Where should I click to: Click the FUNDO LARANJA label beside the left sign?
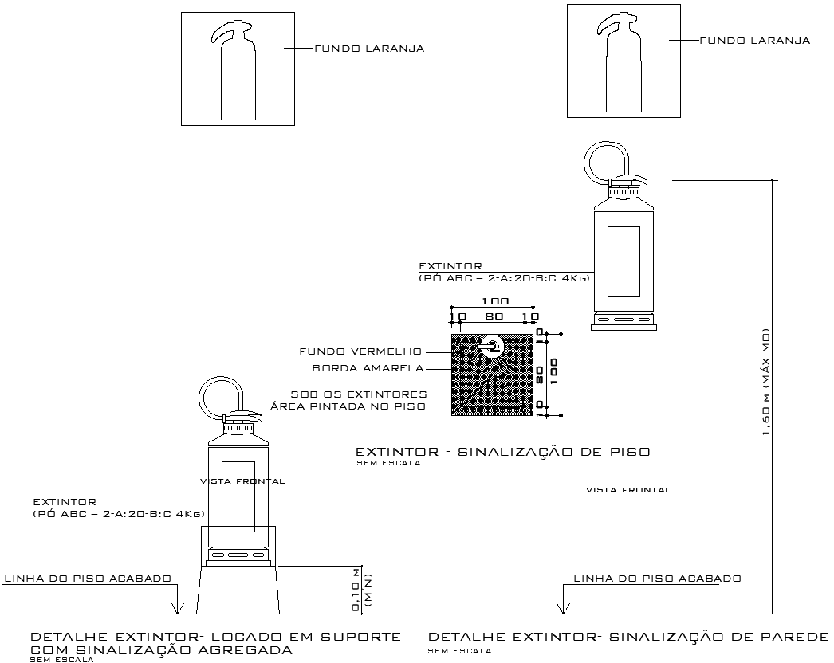click(368, 49)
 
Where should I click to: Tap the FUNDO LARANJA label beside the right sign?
click(754, 41)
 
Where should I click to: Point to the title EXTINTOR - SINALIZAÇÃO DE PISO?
click(502, 452)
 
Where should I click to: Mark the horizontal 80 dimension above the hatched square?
click(494, 316)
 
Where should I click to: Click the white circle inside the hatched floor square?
click(493, 346)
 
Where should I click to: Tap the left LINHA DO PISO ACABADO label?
click(89, 579)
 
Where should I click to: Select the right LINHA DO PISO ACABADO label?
click(658, 579)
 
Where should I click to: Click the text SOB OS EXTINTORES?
click(358, 394)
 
